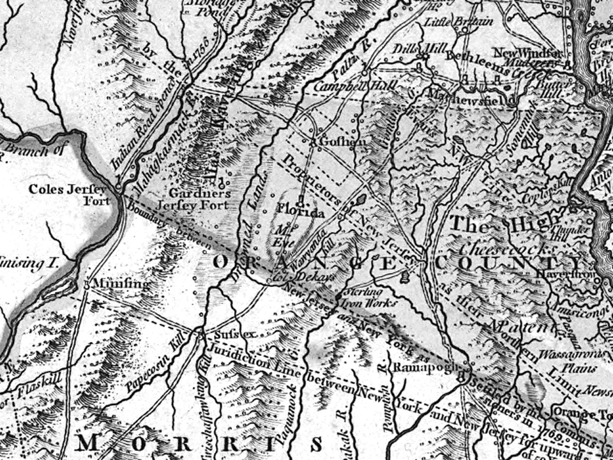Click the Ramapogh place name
[420, 368]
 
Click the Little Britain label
[458, 22]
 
